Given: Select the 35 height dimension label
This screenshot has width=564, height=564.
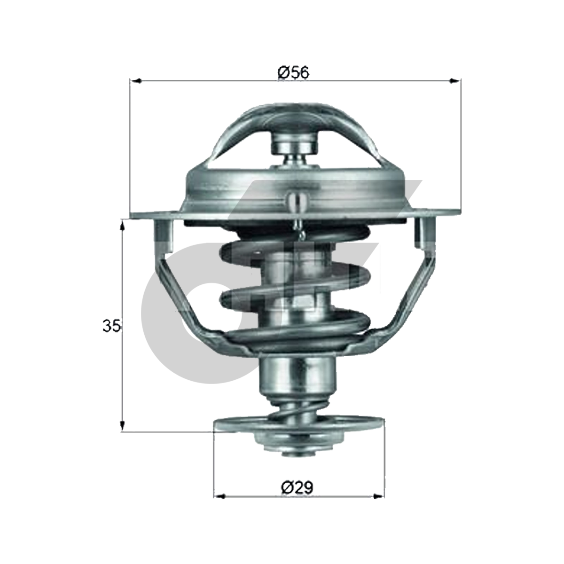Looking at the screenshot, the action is (x=112, y=326).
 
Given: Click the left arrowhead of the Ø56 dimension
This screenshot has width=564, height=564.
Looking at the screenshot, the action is (x=135, y=81).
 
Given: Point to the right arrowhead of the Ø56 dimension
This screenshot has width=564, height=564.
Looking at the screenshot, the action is (x=455, y=81).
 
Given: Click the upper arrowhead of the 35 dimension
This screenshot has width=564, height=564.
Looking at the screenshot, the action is (x=123, y=226).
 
